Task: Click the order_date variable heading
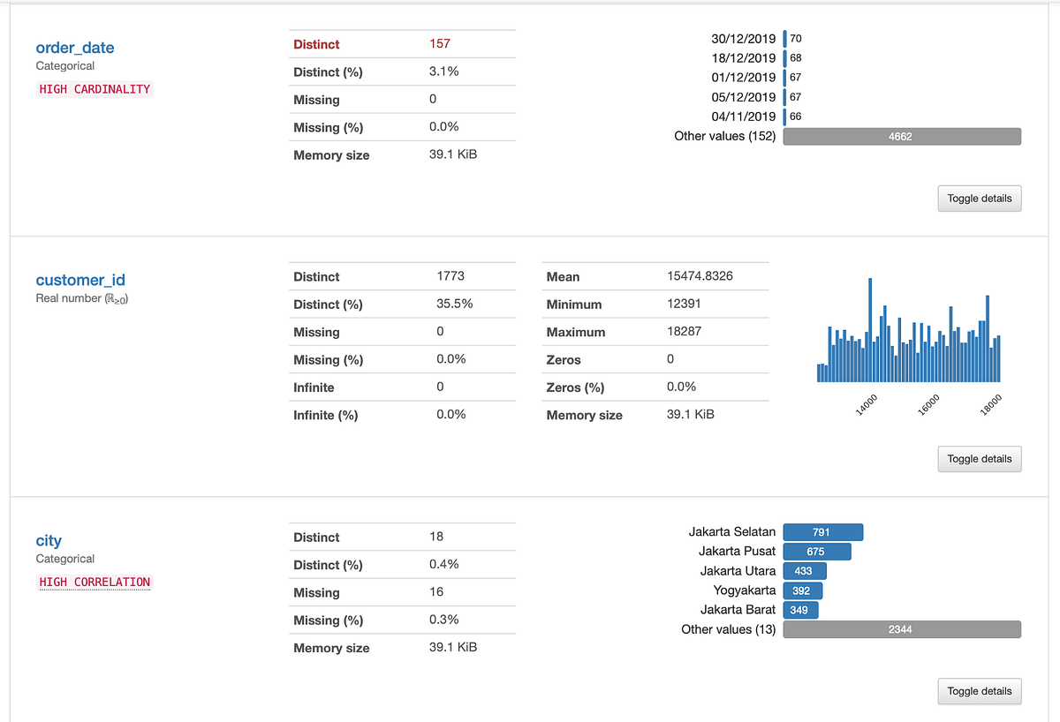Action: pos(75,48)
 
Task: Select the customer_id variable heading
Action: pos(80,280)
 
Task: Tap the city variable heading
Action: pos(49,540)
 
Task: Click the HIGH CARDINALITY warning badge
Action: pos(95,89)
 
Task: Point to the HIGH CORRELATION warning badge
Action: pos(95,582)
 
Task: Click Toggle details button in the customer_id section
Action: pos(979,459)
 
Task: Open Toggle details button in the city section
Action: pos(979,691)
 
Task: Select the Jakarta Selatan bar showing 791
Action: pos(822,532)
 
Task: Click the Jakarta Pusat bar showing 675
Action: pos(816,552)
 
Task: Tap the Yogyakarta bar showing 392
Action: pos(802,590)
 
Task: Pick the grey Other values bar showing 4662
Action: pos(902,136)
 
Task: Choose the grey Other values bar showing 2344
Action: pos(902,629)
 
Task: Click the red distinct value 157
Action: pos(440,44)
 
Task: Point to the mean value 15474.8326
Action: pos(700,276)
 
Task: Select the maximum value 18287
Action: pos(685,332)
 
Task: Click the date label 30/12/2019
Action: pos(743,39)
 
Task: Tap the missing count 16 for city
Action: pos(436,592)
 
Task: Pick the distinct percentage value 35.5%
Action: pos(454,304)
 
